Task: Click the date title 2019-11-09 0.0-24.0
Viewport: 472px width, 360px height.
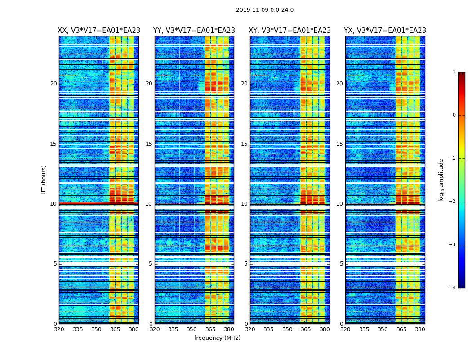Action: (265, 10)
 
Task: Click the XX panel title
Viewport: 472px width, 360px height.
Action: (99, 31)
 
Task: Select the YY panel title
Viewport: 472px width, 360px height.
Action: (194, 31)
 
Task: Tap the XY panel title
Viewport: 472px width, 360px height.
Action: (290, 31)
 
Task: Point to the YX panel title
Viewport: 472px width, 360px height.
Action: (385, 31)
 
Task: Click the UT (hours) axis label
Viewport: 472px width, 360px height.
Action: (44, 180)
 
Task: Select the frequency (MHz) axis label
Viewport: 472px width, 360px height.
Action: (217, 338)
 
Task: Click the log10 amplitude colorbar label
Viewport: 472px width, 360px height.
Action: (441, 180)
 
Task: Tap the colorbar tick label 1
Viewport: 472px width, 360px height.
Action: (454, 72)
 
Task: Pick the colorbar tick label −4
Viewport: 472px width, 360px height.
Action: (453, 288)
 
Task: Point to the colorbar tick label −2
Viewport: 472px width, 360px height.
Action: (453, 202)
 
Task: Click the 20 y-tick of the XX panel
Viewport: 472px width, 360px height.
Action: (53, 84)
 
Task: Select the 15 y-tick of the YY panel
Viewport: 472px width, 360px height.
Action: (149, 144)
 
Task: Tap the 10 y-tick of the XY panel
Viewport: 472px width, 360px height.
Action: (244, 204)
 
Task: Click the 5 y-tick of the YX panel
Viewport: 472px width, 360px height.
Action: (342, 264)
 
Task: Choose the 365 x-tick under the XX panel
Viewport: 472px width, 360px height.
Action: (115, 329)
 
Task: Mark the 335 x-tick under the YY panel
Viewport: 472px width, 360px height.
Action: (173, 329)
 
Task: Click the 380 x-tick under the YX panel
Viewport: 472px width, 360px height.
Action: (420, 329)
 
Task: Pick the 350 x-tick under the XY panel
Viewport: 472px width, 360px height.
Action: (287, 329)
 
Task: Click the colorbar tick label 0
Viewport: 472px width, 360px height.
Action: (454, 115)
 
